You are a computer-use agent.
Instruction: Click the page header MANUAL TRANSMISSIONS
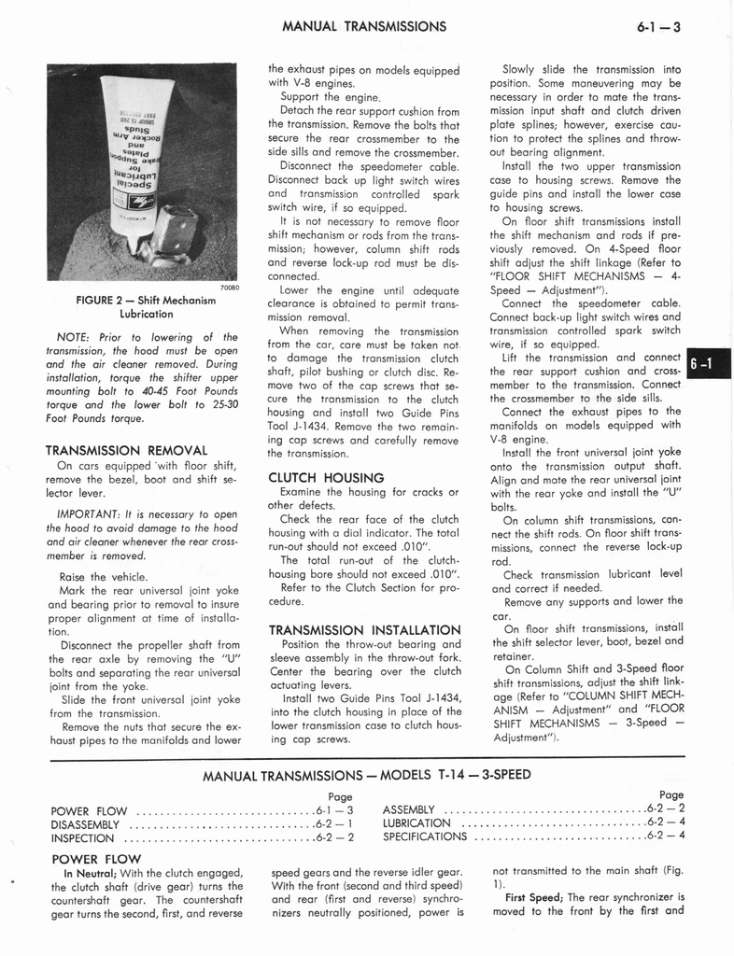363,26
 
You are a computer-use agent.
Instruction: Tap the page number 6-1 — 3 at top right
657,27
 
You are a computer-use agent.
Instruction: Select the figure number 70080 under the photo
231,288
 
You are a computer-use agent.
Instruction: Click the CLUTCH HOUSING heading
313,477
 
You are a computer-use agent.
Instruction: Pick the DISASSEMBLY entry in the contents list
85,824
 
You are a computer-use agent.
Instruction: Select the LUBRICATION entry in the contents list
416,823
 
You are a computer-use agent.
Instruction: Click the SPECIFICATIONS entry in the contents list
425,837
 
